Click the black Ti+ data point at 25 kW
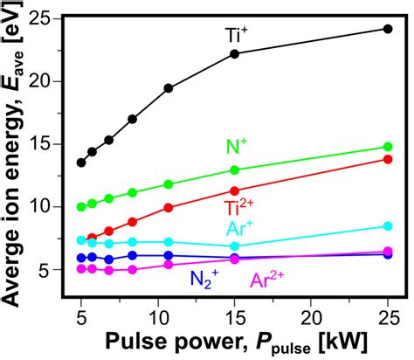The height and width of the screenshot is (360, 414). [388, 29]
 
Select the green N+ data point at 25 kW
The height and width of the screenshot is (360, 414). [388, 147]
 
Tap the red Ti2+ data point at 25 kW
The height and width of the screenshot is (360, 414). [388, 159]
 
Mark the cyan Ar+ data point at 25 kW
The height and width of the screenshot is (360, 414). [388, 226]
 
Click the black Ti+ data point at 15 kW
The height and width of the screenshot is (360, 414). [234, 54]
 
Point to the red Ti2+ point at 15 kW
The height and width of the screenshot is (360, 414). [234, 190]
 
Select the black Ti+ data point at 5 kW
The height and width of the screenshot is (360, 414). [81, 163]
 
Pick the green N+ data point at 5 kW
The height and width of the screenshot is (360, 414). [81, 207]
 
